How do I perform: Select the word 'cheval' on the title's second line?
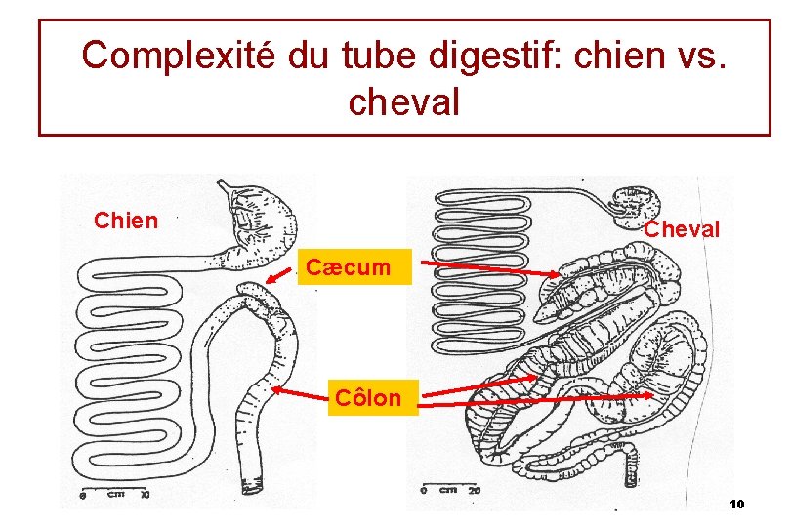402,101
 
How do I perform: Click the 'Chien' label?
125,221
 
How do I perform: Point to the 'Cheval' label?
682,230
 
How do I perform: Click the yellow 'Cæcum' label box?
347,266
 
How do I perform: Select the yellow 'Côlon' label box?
367,398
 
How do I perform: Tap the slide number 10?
736,504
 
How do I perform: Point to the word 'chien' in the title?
607,56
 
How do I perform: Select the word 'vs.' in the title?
703,56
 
